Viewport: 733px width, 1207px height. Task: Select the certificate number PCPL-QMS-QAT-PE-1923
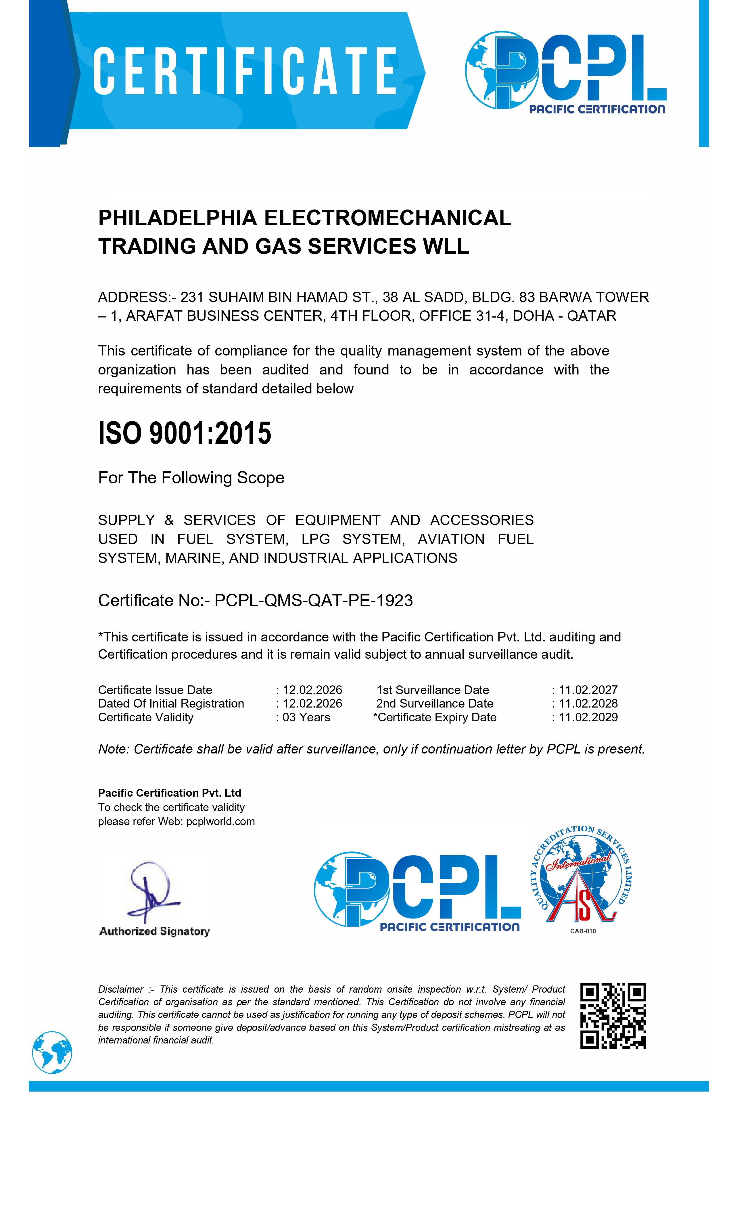(314, 600)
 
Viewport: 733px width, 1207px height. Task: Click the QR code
(613, 1016)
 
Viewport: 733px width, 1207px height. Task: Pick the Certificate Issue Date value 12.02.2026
(312, 690)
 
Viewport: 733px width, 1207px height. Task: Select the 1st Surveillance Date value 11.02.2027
(588, 690)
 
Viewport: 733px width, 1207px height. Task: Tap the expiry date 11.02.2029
(588, 717)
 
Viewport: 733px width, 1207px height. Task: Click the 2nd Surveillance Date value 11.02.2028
(588, 704)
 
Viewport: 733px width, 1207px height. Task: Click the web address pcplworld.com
(220, 822)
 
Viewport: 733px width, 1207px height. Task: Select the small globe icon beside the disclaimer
(52, 1052)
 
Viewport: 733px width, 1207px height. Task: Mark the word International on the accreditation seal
(579, 861)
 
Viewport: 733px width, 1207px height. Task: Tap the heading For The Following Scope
(191, 478)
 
